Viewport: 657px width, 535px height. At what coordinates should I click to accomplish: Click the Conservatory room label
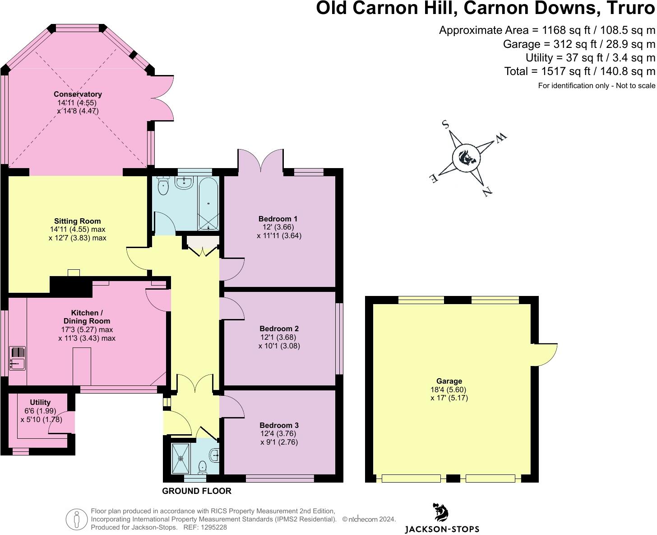[x=78, y=94]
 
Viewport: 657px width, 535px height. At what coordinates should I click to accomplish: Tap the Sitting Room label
[x=77, y=221]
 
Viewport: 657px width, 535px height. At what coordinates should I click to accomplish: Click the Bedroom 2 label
[x=279, y=329]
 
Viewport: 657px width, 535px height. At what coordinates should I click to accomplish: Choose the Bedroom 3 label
[x=279, y=426]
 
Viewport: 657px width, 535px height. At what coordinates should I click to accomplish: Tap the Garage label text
[x=449, y=381]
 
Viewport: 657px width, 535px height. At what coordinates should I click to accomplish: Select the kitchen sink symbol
[x=17, y=358]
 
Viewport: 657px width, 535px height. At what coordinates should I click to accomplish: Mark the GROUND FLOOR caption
[x=197, y=491]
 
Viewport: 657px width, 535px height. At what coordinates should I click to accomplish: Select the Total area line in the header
[x=579, y=71]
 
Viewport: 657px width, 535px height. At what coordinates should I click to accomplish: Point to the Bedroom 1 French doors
[x=261, y=160]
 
